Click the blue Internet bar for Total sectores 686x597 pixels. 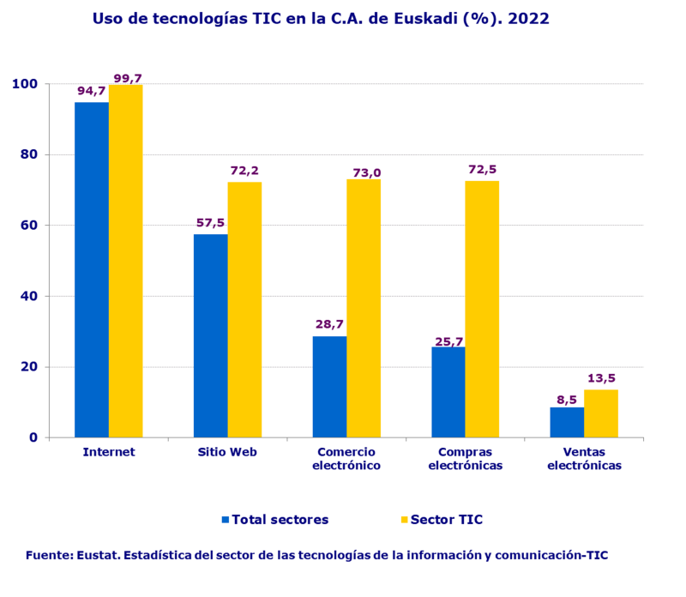click(92, 269)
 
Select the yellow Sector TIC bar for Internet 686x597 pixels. click(125, 261)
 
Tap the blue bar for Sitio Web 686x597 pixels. click(210, 335)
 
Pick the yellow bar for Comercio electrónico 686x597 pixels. click(364, 308)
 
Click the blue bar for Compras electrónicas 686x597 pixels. click(448, 392)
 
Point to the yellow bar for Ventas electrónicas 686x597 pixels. click(600, 413)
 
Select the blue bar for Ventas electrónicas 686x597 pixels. click(567, 422)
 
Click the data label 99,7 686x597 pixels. click(127, 78)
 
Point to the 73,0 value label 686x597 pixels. click(365, 172)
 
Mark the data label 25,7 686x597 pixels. click(448, 341)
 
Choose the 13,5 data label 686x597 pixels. click(601, 378)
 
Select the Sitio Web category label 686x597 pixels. click(227, 452)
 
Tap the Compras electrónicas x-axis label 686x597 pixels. click(465, 459)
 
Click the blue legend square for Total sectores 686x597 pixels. click(226, 520)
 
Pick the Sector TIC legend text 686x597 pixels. click(447, 520)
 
